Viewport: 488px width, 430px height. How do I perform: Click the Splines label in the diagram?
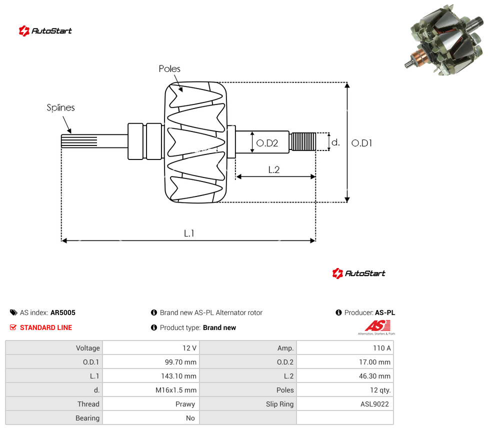point(60,107)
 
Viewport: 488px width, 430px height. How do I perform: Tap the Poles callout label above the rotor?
point(169,68)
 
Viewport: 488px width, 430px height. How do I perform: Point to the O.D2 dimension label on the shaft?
point(267,143)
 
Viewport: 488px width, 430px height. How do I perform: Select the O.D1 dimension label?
point(361,143)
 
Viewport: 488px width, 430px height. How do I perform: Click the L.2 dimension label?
point(274,169)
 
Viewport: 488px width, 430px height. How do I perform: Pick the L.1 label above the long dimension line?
point(189,233)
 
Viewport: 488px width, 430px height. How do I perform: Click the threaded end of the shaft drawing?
point(303,141)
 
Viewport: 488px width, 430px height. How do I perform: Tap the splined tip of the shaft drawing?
point(79,141)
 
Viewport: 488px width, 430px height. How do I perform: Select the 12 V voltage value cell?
point(189,348)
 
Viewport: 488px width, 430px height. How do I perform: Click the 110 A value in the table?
point(382,348)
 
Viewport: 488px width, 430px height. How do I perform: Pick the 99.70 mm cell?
point(180,362)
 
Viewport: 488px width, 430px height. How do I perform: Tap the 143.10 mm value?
point(178,376)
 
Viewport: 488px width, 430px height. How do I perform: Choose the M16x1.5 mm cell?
point(176,390)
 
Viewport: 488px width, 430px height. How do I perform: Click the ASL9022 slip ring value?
point(374,404)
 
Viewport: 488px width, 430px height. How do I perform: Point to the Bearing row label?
point(87,418)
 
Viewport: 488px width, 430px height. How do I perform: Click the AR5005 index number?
point(63,312)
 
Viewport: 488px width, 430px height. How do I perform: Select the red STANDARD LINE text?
point(46,327)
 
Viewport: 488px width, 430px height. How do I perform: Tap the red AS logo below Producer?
point(377,326)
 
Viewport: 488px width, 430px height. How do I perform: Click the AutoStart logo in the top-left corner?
point(45,31)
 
